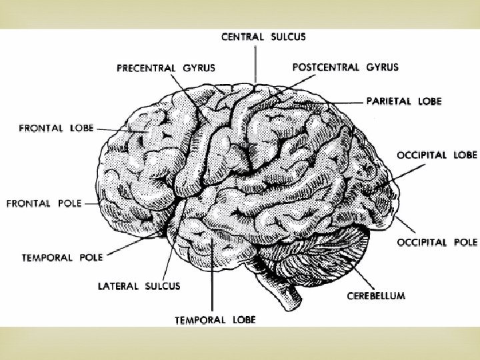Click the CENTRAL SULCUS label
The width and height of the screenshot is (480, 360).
(263, 37)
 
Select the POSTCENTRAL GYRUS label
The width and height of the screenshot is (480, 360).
(345, 67)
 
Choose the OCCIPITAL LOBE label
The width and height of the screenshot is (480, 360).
(437, 155)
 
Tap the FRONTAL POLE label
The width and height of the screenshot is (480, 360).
(44, 203)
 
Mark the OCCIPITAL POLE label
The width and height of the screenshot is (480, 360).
(437, 242)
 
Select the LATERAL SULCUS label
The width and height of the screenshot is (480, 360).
(139, 286)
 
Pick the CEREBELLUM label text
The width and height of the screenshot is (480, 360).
(376, 296)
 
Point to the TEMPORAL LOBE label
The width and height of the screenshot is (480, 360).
(215, 320)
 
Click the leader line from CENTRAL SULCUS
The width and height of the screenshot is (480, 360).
(256, 63)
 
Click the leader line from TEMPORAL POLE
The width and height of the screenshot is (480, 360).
(133, 243)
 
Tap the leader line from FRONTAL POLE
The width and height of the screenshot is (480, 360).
(93, 203)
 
